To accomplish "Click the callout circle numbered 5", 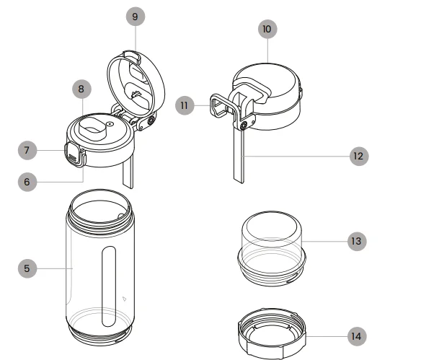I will [27, 268].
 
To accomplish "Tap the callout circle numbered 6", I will [27, 182].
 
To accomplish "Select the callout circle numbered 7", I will [27, 150].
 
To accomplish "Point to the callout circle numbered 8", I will [81, 89].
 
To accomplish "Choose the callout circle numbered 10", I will [267, 29].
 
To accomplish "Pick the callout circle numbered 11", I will [185, 105].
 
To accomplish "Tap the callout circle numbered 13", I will [356, 241].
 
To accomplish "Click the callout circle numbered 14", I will [356, 335].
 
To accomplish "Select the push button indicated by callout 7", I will [72, 151].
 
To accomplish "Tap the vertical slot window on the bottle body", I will [109, 285].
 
